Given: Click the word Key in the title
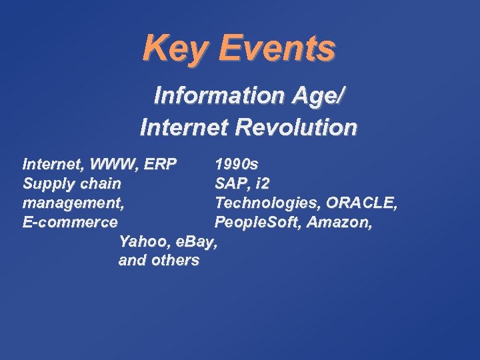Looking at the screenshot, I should (x=175, y=48).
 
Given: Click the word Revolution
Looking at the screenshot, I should (x=299, y=126).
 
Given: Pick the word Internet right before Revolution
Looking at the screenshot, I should (x=184, y=126).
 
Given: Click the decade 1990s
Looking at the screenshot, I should (x=237, y=164).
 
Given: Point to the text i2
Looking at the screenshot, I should (x=262, y=183).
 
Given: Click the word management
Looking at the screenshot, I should (x=72, y=203).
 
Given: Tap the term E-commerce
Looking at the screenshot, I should (x=70, y=222).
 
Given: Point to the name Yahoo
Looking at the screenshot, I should (x=139, y=241).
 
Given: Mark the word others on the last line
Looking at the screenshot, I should (x=175, y=261).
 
